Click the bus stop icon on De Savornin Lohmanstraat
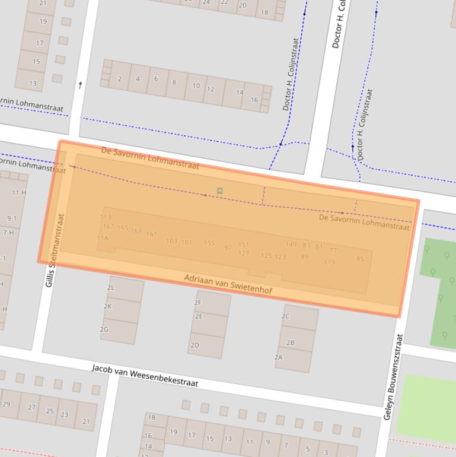point(220,191)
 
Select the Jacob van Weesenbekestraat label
point(145,376)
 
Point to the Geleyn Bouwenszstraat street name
point(393,377)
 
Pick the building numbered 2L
point(111,287)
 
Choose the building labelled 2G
point(104,329)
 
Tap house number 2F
point(198,302)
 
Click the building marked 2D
point(194,345)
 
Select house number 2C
point(285,316)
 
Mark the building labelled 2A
point(278,357)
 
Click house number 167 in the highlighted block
point(108,227)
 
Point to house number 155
point(209,243)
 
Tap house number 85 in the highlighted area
point(360,259)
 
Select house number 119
point(329,262)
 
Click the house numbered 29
point(7,404)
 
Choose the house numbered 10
point(196,85)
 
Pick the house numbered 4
point(138,78)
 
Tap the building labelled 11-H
point(19,192)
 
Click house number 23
point(65,415)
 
